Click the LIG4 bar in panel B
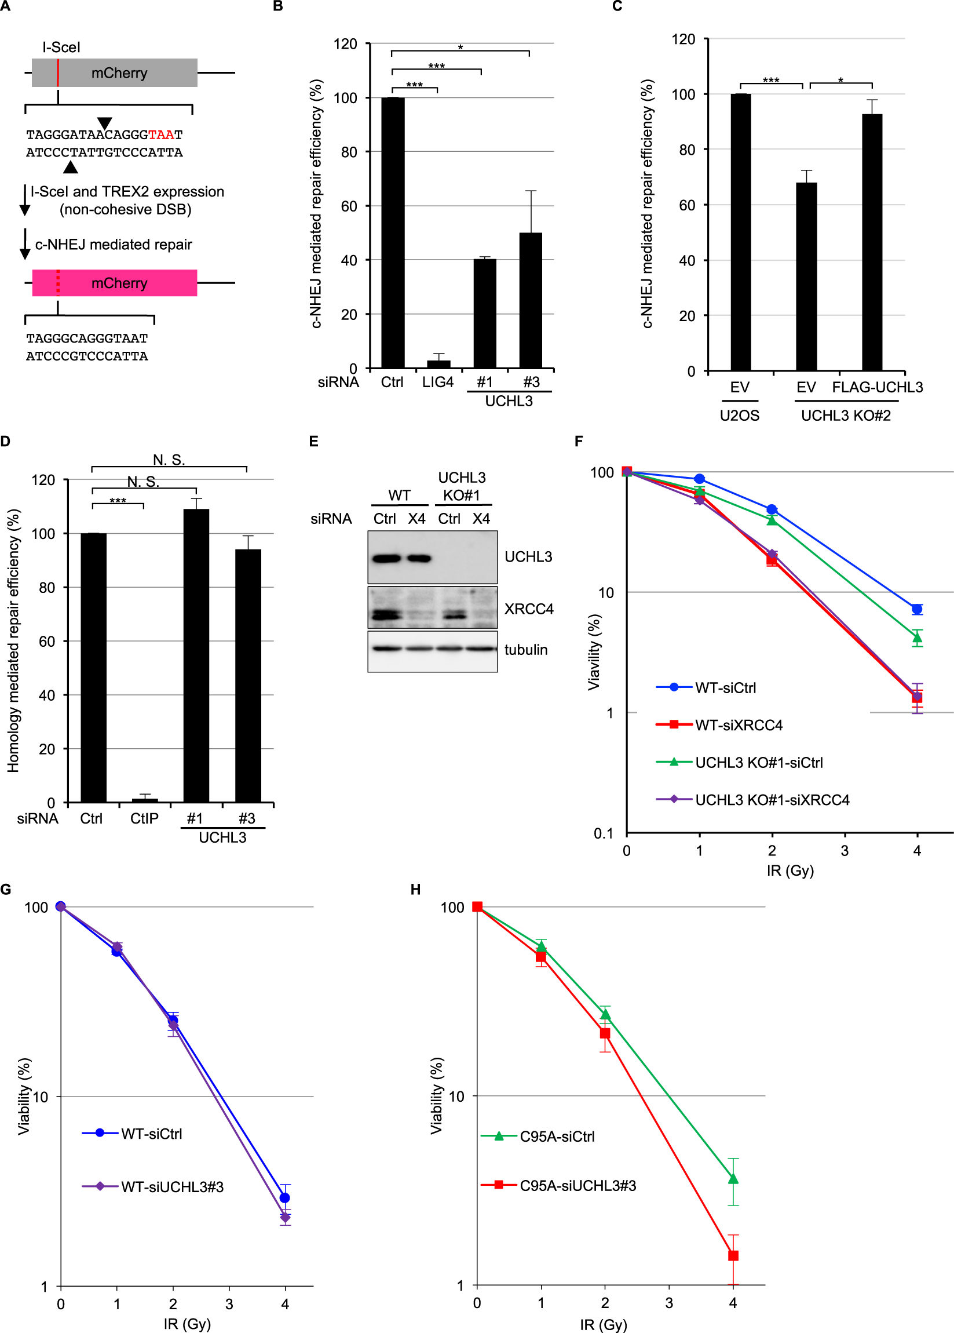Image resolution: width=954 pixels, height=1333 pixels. tap(438, 364)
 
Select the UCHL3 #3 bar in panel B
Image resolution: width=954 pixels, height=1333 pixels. tap(531, 300)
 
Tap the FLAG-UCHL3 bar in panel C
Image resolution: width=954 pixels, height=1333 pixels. tap(872, 241)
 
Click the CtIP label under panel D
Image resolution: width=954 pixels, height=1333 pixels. tap(144, 818)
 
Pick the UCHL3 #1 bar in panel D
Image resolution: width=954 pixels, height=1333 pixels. tap(196, 655)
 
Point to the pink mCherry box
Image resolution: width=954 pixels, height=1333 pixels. tap(115, 283)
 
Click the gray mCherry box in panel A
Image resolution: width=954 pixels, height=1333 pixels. tap(115, 73)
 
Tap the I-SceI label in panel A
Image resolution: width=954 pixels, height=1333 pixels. tap(61, 47)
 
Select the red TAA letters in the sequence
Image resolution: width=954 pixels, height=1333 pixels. tap(161, 134)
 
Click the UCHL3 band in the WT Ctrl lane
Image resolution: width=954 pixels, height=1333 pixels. tap(386, 558)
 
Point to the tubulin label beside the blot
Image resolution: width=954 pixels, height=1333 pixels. tap(526, 650)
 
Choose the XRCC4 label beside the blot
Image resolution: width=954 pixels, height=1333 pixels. tap(529, 609)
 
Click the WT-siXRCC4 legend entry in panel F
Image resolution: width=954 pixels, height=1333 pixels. tap(739, 724)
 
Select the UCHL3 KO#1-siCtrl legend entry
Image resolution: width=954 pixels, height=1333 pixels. tap(758, 762)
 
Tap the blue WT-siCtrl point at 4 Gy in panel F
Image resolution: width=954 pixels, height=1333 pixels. tap(916, 609)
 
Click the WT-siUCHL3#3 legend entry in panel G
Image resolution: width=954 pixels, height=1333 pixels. tap(171, 1186)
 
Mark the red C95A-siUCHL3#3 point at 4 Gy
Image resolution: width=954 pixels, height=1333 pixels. tap(733, 1255)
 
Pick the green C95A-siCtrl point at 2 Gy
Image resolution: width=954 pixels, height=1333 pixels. tap(605, 1014)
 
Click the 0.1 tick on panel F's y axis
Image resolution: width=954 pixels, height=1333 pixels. tap(603, 833)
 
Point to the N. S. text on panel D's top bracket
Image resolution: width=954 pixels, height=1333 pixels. tap(169, 460)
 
